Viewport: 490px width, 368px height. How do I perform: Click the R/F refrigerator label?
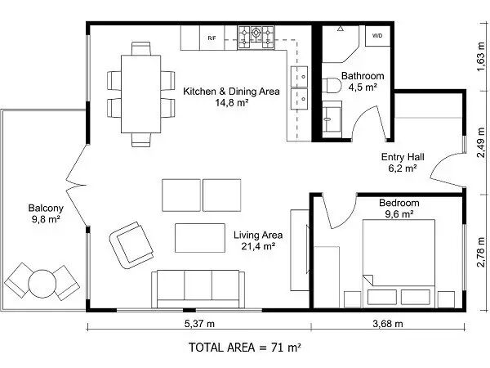(x=212, y=38)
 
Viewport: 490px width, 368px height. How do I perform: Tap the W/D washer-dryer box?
(x=378, y=36)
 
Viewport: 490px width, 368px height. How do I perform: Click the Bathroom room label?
(x=363, y=76)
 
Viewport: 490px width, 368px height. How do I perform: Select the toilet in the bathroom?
(x=332, y=85)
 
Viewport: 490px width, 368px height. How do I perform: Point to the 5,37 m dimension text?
(x=199, y=324)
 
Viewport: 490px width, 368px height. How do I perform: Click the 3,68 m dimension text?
(x=388, y=324)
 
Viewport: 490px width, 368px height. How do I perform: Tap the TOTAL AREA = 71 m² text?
(x=245, y=348)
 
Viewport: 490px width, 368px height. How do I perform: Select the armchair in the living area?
(x=131, y=245)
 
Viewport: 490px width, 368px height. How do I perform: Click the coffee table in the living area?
(x=200, y=238)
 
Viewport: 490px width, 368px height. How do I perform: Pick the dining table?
(x=141, y=94)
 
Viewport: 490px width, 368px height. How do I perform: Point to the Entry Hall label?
(x=403, y=157)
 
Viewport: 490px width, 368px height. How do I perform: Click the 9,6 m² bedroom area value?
(x=399, y=214)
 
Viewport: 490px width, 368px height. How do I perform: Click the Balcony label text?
(x=46, y=208)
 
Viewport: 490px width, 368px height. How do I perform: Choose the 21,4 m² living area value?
(x=258, y=246)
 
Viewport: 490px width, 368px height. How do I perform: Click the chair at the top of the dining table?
(x=141, y=48)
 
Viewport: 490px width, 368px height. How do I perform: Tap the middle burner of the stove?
(x=256, y=32)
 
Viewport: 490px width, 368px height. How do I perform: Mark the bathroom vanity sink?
(x=332, y=119)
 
